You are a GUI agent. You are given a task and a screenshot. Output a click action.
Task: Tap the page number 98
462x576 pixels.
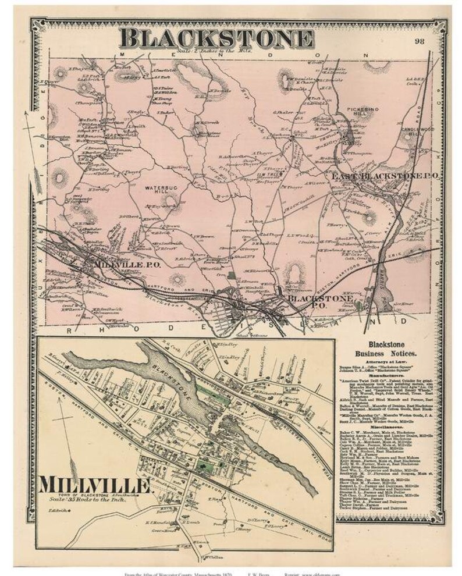[420, 40]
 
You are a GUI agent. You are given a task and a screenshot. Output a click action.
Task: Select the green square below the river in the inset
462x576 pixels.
[203, 465]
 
